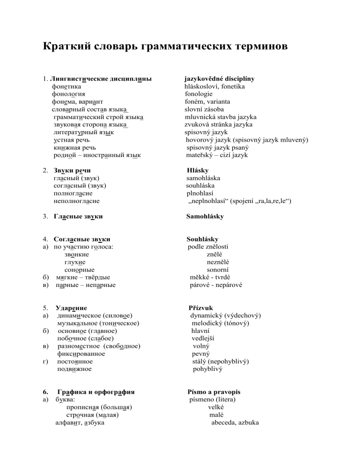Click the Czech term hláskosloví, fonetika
pyautogui.click(x=214, y=86)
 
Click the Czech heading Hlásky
pyautogui.click(x=197, y=171)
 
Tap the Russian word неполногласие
pyautogui.click(x=76, y=201)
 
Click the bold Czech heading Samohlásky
pyautogui.click(x=205, y=217)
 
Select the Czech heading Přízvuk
pyautogui.click(x=200, y=308)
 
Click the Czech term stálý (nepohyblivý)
pyautogui.click(x=220, y=361)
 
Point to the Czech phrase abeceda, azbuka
pyautogui.click(x=233, y=422)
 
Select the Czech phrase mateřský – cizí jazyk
pyautogui.click(x=217, y=155)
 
